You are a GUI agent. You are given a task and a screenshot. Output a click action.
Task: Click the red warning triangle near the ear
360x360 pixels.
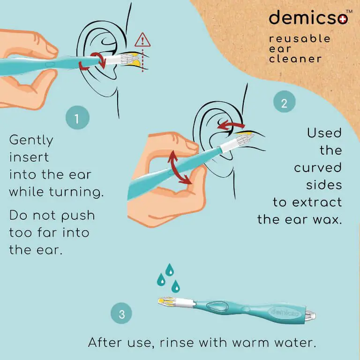click(x=142, y=40)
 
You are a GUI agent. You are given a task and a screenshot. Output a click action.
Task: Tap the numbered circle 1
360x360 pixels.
click(x=77, y=118)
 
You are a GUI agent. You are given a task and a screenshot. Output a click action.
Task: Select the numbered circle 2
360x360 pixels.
click(x=284, y=102)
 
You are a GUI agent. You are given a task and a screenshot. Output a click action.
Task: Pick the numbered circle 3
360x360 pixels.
click(x=121, y=313)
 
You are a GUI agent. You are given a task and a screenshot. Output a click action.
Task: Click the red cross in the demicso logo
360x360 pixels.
click(x=343, y=20)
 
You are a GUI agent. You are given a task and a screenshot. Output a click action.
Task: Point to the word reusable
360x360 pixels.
click(x=300, y=38)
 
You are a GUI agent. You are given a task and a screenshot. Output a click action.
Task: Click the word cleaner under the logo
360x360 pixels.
click(x=295, y=59)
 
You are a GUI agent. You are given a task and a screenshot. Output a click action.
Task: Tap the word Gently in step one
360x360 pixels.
click(x=31, y=140)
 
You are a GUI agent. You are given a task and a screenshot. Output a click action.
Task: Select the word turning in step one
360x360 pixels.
click(x=76, y=192)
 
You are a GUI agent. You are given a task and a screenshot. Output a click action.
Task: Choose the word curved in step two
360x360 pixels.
click(x=318, y=168)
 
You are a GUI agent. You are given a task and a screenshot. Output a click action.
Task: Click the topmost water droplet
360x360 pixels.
click(x=170, y=270)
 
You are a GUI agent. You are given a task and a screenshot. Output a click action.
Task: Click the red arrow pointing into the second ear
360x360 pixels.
click(x=231, y=125)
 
